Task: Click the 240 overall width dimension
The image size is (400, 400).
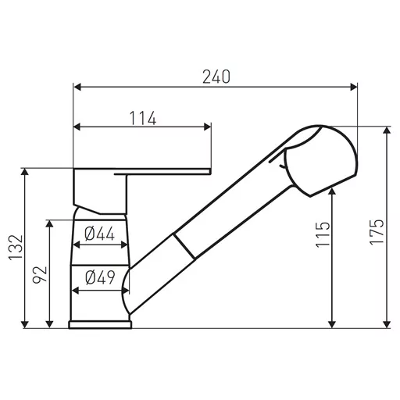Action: (216, 77)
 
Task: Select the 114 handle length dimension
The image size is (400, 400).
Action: (143, 118)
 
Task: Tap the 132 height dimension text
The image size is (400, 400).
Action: (16, 248)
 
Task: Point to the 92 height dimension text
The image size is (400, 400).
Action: (39, 274)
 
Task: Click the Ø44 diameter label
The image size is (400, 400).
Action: (99, 234)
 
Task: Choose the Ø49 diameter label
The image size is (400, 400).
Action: (100, 277)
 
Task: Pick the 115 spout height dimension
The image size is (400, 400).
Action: (323, 234)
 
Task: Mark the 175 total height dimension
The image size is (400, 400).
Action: (377, 232)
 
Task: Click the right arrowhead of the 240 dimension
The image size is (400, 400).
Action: (354, 87)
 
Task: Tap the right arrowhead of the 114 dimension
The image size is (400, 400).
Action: (208, 127)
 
